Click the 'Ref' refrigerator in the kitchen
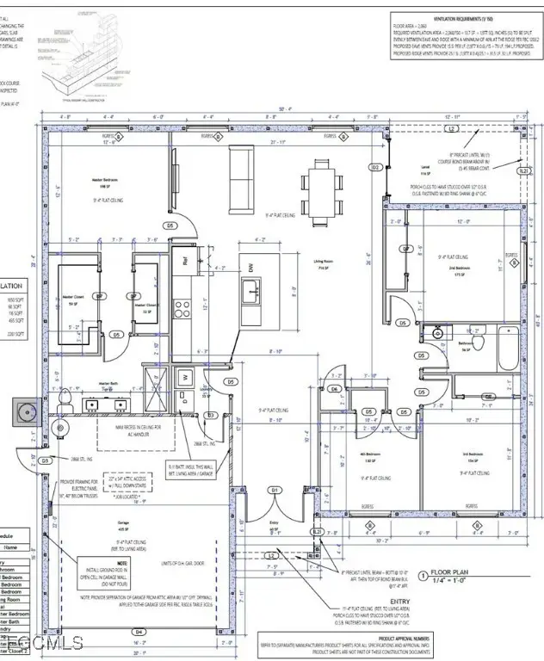click(183, 256)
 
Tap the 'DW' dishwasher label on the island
click(251, 269)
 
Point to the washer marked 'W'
click(184, 376)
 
